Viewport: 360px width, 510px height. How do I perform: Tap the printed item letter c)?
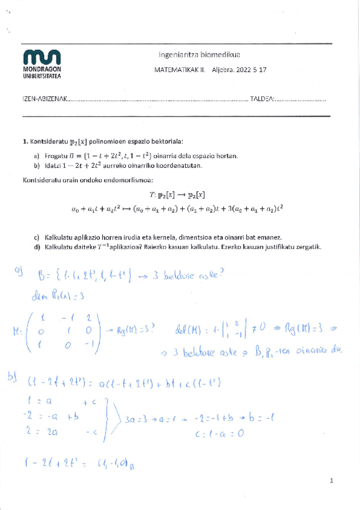coord(37,238)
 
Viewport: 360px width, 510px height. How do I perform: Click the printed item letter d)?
coord(37,247)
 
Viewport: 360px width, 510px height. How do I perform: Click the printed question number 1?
coord(24,142)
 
